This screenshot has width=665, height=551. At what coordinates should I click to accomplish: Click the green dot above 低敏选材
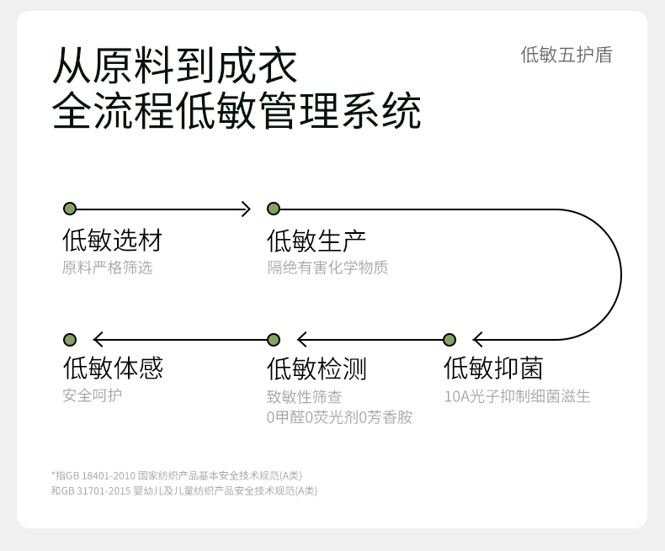tap(70, 209)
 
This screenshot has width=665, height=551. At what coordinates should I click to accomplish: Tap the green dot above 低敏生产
tap(274, 209)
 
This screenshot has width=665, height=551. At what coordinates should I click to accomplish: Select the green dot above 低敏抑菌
tap(450, 340)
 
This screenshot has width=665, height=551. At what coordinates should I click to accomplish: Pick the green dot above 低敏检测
tap(274, 340)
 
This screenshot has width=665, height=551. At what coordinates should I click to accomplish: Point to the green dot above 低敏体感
tap(70, 340)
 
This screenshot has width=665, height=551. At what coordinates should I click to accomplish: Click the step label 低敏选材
tap(113, 240)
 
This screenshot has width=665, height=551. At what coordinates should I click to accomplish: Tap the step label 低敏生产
tap(317, 241)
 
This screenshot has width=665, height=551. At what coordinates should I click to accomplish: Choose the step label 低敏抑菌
tap(493, 368)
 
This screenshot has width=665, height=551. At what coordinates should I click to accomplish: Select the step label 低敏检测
tap(317, 368)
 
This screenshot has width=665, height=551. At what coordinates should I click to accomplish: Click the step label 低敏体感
tap(113, 368)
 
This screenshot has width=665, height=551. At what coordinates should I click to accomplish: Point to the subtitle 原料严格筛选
tap(107, 268)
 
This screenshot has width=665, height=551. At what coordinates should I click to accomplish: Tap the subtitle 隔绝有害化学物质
tap(327, 268)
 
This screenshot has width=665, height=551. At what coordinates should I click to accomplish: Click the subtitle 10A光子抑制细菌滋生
tap(517, 396)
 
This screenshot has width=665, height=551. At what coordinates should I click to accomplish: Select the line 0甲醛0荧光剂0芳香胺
tap(339, 417)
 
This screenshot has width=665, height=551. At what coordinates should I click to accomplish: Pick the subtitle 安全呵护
tap(92, 395)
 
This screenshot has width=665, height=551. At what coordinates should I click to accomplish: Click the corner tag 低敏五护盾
tap(567, 56)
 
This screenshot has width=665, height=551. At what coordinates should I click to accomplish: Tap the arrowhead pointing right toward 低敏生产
tap(246, 209)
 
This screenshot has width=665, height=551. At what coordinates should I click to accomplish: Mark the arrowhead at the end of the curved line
tap(477, 340)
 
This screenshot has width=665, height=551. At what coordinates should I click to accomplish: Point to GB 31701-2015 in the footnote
tap(96, 490)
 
